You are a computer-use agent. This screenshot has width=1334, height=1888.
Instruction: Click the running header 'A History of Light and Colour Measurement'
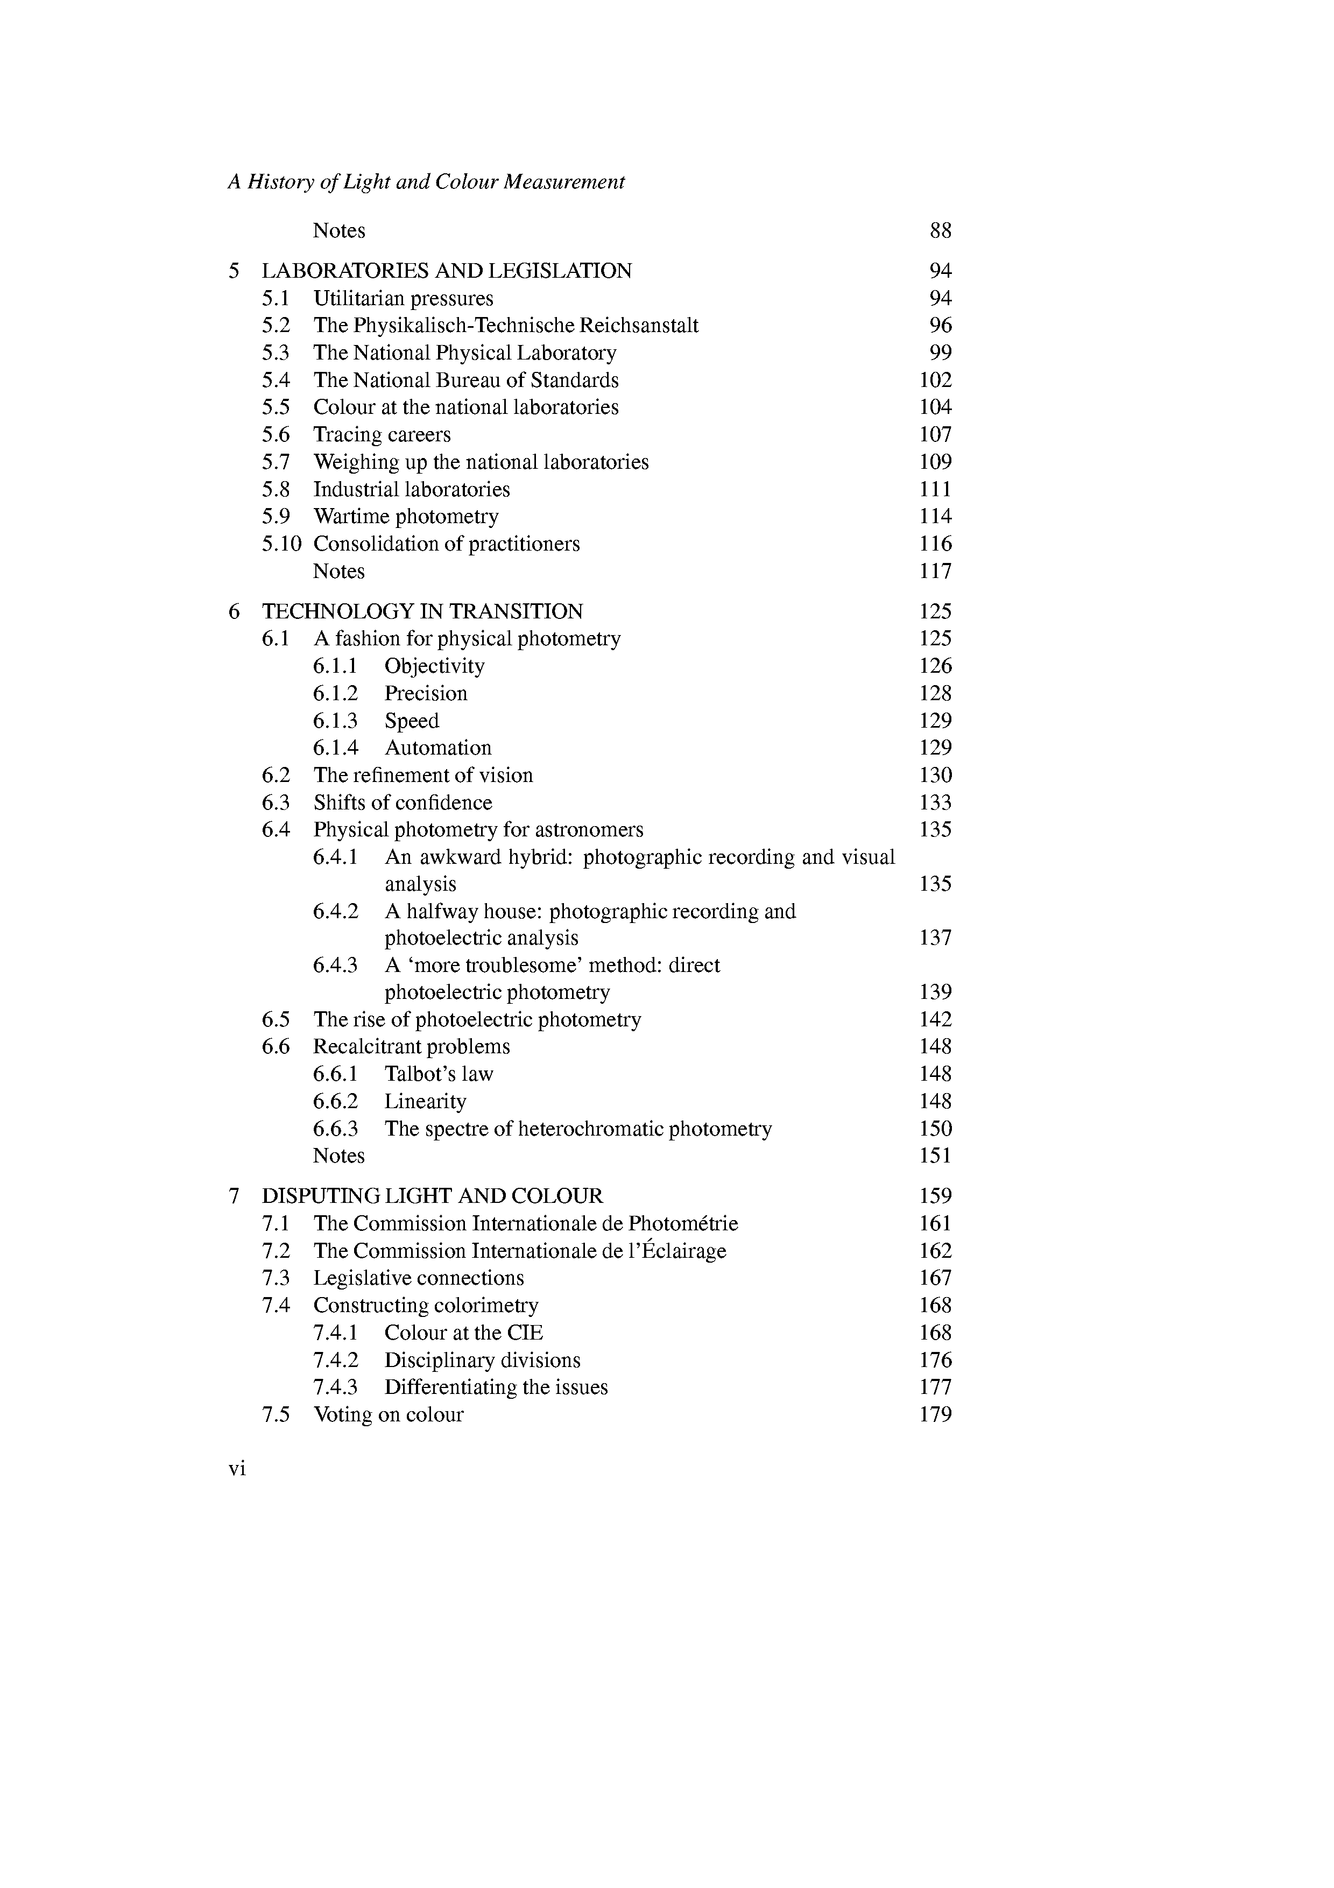pos(426,182)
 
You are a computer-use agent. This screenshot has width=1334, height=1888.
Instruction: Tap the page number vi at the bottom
pos(237,1469)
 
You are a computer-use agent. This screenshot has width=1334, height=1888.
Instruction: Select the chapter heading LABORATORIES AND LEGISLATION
pos(447,271)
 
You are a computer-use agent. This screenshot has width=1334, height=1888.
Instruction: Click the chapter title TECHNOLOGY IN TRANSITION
pos(422,611)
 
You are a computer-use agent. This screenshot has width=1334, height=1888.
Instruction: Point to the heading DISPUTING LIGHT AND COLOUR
pos(432,1196)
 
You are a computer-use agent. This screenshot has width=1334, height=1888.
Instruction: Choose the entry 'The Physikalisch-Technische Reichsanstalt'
pos(505,325)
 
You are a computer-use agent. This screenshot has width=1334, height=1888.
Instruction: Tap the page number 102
pos(935,380)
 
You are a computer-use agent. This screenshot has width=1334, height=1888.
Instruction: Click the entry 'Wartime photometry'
pos(406,517)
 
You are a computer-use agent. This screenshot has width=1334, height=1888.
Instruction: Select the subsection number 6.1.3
pos(335,720)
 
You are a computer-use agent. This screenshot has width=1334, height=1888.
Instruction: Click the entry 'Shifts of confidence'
pos(403,802)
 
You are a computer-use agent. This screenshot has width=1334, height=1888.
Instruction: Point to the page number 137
pos(935,938)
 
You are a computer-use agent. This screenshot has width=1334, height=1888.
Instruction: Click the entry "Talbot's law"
pos(439,1074)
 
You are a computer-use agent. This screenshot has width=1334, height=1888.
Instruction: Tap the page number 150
pos(935,1128)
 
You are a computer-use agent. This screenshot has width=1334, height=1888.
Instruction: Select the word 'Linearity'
pos(425,1101)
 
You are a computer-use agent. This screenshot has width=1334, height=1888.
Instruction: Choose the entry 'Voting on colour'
pos(388,1414)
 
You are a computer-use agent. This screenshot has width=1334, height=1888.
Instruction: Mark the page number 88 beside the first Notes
pos(940,230)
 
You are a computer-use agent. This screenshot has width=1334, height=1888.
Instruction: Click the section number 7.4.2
pos(335,1360)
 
